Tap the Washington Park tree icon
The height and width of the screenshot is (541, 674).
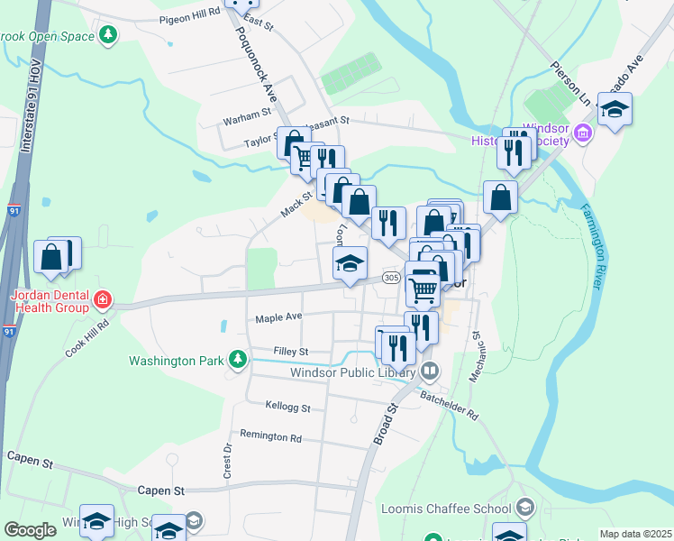coord(238,361)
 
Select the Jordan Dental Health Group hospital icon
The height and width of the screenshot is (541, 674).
coord(104,298)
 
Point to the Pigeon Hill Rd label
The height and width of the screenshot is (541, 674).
coord(189,16)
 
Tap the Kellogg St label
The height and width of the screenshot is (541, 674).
coord(288,408)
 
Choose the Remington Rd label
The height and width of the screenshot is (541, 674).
coord(270,436)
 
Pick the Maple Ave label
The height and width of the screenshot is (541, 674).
coord(278,317)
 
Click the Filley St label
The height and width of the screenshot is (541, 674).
coord(291,351)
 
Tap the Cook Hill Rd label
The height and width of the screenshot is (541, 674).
coord(87,337)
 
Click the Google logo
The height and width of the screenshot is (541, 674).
coord(30,530)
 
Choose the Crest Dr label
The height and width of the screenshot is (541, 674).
coord(228,460)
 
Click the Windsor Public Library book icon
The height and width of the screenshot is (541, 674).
coord(430,371)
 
